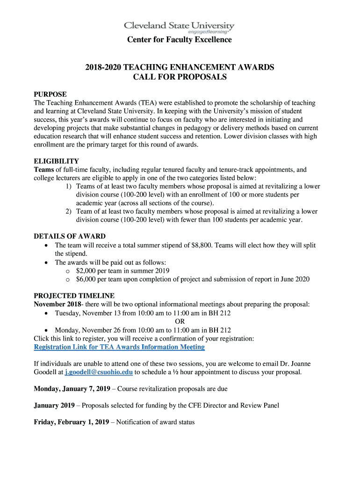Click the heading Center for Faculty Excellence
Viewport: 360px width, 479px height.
click(x=180, y=40)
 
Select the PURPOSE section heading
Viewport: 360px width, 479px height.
click(x=50, y=94)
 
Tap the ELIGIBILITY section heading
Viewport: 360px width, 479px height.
click(x=56, y=161)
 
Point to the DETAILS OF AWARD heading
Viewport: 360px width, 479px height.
click(x=70, y=236)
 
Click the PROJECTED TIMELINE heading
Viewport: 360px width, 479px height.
click(x=74, y=296)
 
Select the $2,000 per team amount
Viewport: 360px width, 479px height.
click(x=87, y=270)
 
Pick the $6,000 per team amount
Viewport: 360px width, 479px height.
click(x=87, y=279)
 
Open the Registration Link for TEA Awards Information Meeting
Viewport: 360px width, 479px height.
click(x=119, y=347)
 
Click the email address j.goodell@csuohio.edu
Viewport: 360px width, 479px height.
click(x=99, y=372)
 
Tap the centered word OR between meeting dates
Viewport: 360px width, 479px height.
click(x=180, y=321)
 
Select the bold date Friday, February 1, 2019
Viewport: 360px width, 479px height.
click(x=72, y=422)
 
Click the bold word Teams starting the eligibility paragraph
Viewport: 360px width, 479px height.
click(x=44, y=170)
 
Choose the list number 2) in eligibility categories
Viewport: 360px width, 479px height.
click(x=69, y=211)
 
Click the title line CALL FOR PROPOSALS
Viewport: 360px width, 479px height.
click(x=180, y=77)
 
